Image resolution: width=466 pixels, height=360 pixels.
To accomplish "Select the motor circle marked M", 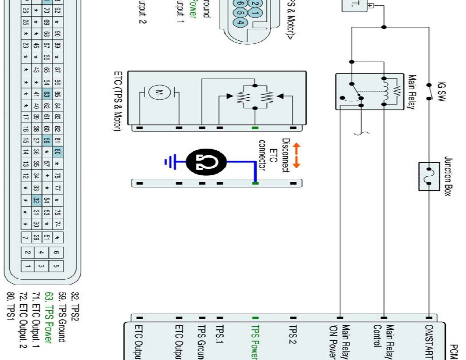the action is [x=158, y=92].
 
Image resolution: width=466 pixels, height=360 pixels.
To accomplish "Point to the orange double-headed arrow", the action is [x=296, y=155].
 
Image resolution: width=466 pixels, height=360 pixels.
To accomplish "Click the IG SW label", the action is [x=442, y=92].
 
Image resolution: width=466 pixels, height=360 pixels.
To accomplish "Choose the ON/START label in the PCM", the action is [x=429, y=342].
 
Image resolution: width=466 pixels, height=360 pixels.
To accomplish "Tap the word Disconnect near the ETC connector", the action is [x=285, y=155].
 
